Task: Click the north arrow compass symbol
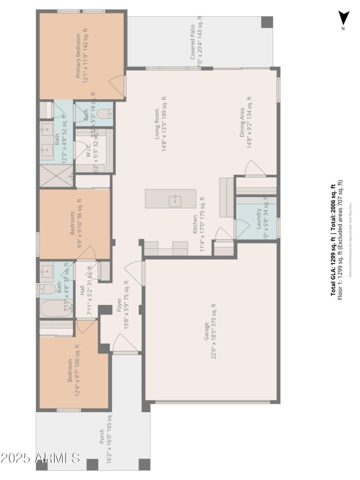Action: coord(344,18)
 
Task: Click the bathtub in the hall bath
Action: coord(56,310)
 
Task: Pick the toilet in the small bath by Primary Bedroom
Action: coord(105,114)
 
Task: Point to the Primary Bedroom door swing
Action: coord(117,85)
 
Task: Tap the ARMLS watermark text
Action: coord(40,458)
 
